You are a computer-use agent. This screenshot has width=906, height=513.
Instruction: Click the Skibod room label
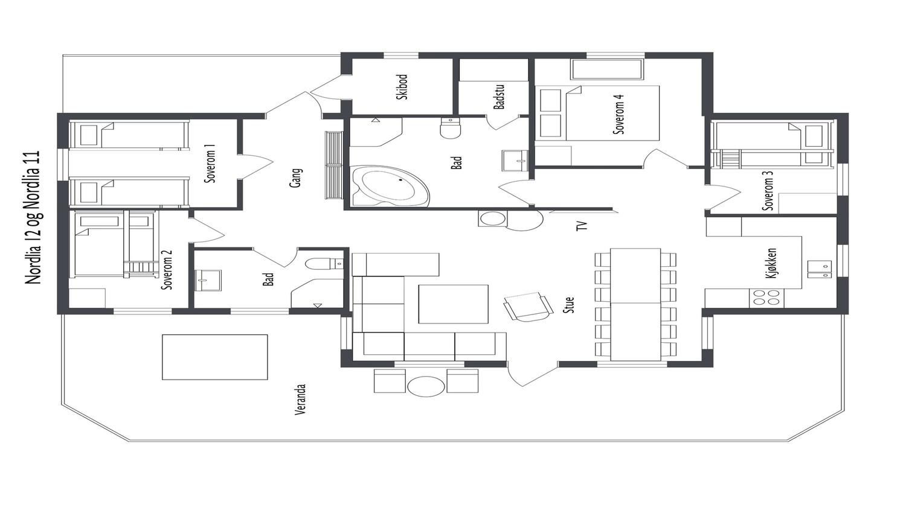pyautogui.click(x=402, y=87)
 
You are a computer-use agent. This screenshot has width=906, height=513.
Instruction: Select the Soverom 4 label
pyautogui.click(x=619, y=114)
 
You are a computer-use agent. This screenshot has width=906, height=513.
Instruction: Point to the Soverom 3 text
pyautogui.click(x=768, y=190)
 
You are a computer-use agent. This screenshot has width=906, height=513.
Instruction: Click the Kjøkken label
pyautogui.click(x=771, y=263)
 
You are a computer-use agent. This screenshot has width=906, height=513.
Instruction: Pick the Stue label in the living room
pyautogui.click(x=569, y=305)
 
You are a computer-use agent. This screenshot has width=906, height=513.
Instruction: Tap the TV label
pyautogui.click(x=581, y=226)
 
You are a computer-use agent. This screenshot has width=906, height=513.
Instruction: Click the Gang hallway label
pyautogui.click(x=296, y=178)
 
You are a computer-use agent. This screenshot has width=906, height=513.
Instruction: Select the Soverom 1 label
pyautogui.click(x=210, y=164)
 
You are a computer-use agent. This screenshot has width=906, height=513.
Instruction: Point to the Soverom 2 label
pyautogui.click(x=167, y=270)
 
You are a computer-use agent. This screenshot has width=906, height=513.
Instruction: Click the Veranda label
pyautogui.click(x=300, y=400)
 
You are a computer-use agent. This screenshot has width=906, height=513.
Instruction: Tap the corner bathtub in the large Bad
pyautogui.click(x=390, y=186)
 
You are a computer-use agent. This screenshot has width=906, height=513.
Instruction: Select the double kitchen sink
pyautogui.click(x=820, y=270)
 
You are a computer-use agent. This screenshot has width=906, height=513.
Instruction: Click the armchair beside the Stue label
pyautogui.click(x=528, y=307)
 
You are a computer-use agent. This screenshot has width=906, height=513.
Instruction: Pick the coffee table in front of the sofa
pyautogui.click(x=453, y=304)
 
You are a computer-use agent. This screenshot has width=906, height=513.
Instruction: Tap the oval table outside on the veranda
pyautogui.click(x=426, y=386)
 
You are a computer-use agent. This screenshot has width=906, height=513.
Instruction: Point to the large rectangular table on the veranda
pyautogui.click(x=215, y=357)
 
